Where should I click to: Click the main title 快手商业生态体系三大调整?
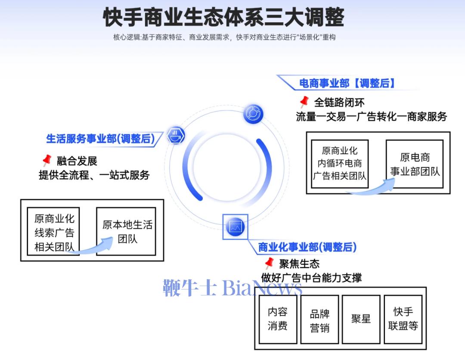click(224, 17)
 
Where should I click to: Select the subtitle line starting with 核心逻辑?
click(224, 37)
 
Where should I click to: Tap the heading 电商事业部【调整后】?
click(347, 83)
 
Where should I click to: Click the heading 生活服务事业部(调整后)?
click(100, 138)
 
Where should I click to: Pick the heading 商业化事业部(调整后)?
click(307, 247)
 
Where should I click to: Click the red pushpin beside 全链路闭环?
click(304, 102)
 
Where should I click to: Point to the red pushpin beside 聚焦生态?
click(269, 262)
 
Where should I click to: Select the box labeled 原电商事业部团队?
click(415, 164)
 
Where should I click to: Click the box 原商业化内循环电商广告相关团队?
click(339, 164)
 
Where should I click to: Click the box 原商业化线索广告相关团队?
click(54, 232)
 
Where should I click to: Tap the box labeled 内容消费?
click(277, 319)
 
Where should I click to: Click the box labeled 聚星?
click(361, 319)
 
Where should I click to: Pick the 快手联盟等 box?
click(403, 319)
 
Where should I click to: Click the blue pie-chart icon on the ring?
click(253, 114)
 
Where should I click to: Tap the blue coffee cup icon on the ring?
click(175, 136)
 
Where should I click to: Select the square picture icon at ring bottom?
click(235, 226)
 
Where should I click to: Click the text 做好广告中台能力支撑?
click(311, 277)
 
